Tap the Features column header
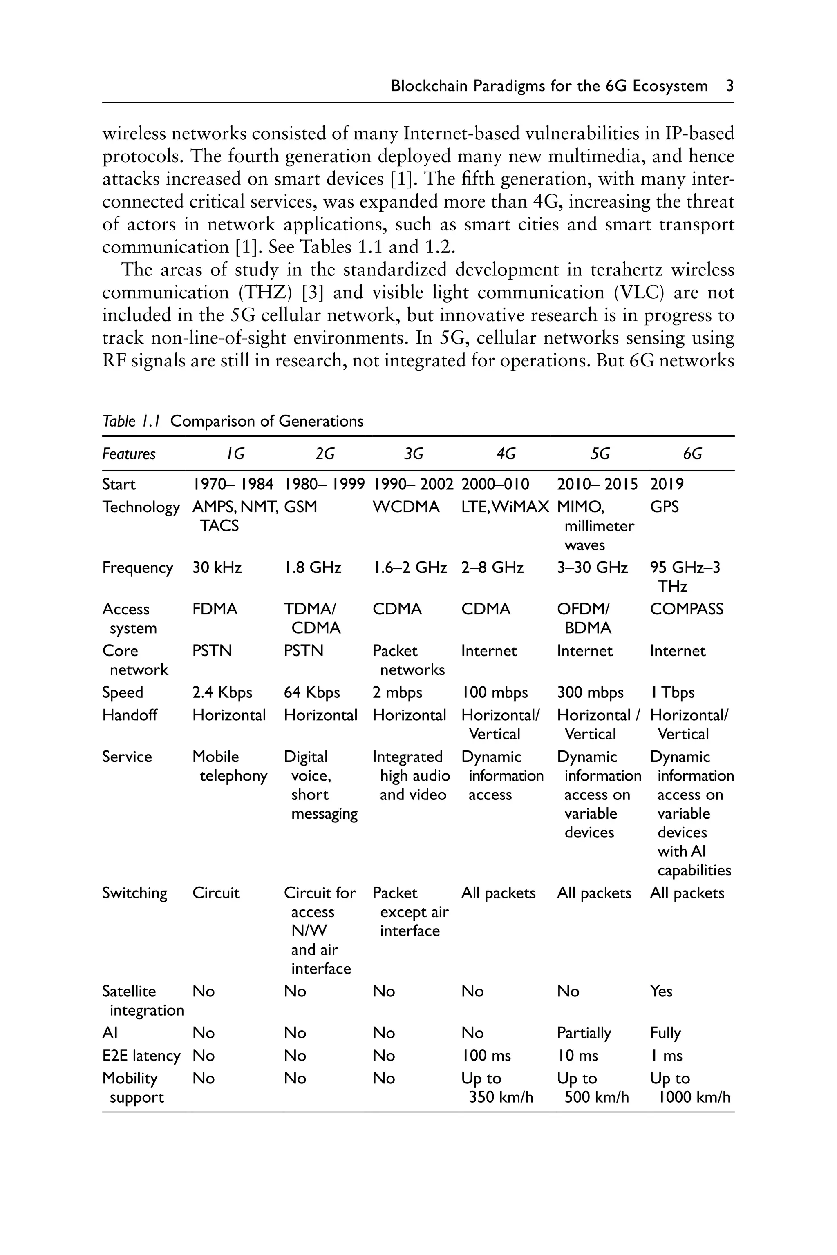point(129,454)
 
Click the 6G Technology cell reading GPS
point(664,507)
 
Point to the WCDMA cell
point(406,507)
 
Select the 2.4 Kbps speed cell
point(222,692)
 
